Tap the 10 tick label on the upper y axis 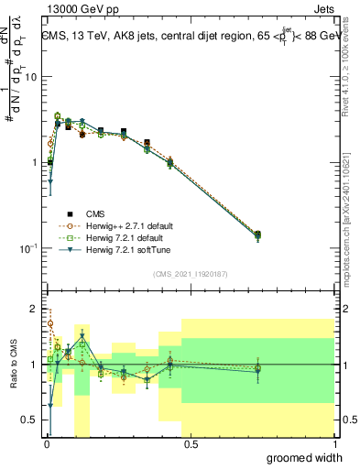[x=30, y=77]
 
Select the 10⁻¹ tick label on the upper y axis [x=27, y=248]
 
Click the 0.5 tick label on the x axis [x=190, y=443]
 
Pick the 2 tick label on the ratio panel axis [x=35, y=309]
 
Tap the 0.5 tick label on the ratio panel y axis [x=29, y=420]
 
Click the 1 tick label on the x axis [x=334, y=443]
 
